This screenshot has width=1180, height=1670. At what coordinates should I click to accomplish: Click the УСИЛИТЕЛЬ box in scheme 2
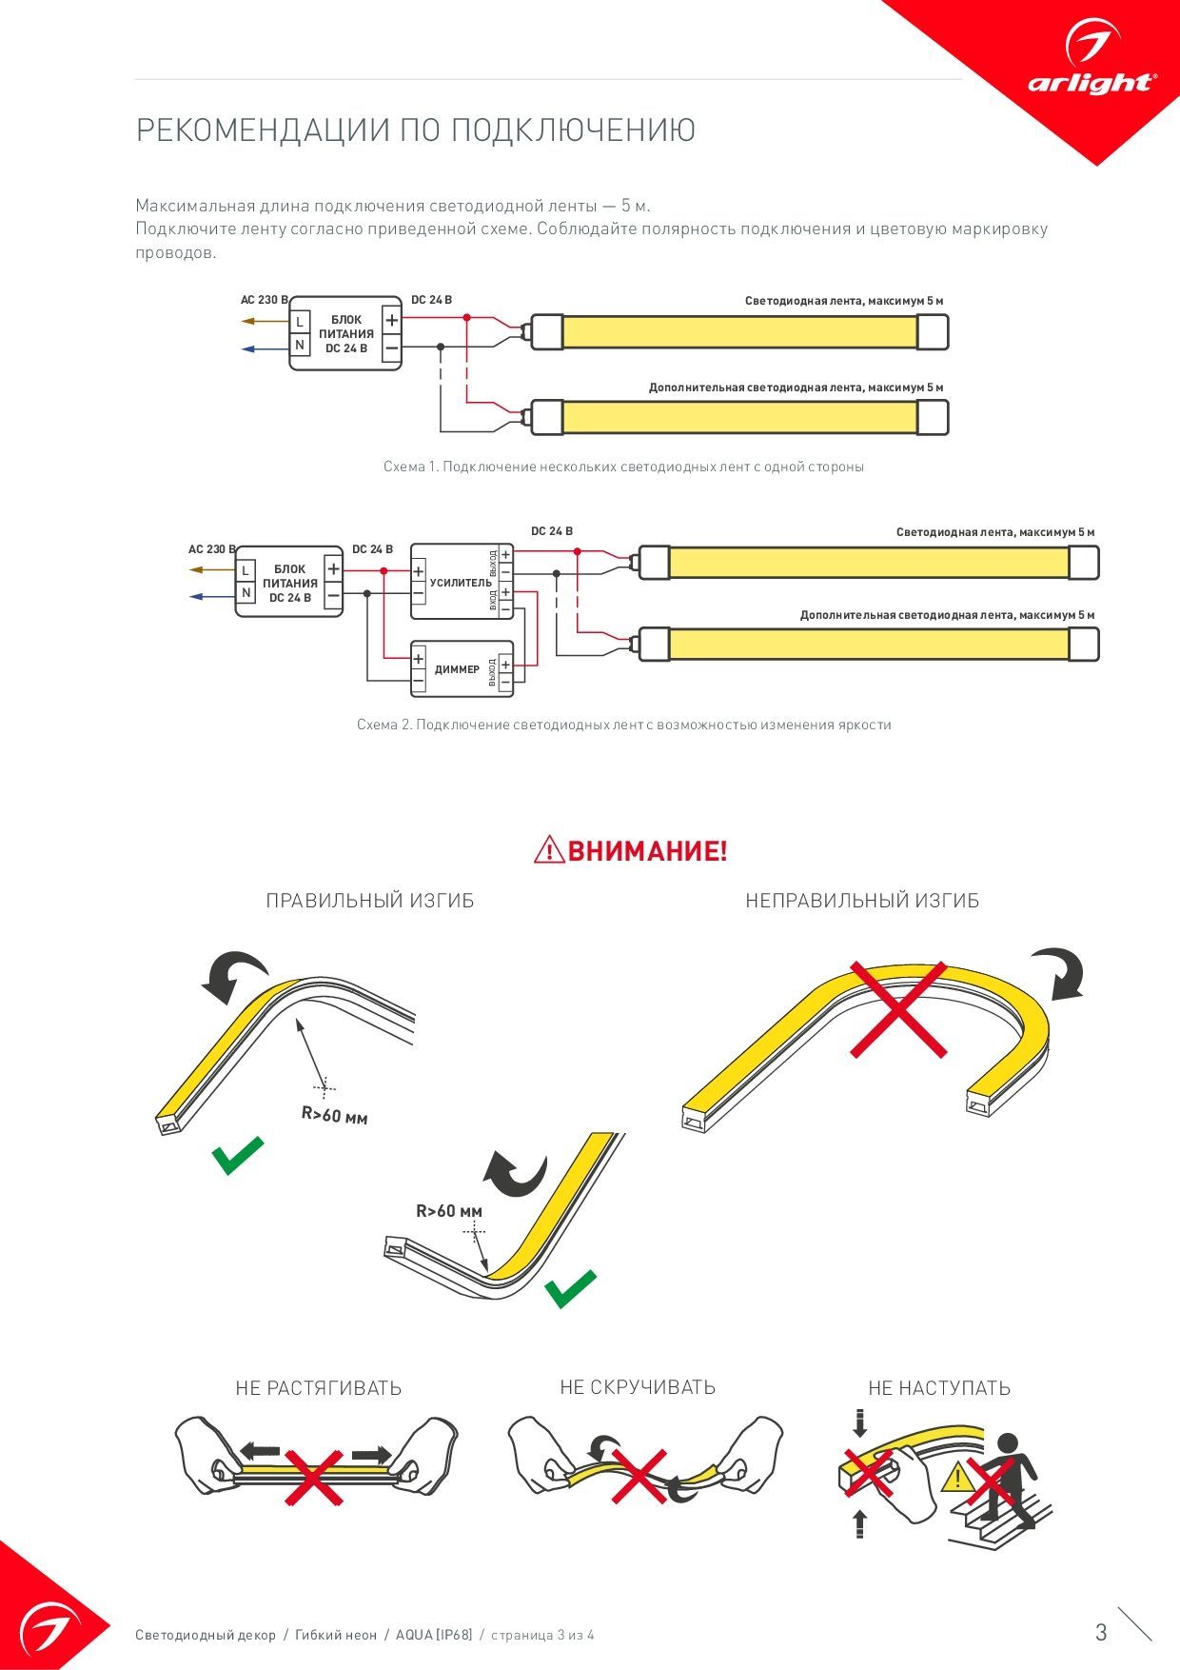pos(462,582)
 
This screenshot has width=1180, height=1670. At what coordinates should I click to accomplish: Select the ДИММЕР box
pos(462,669)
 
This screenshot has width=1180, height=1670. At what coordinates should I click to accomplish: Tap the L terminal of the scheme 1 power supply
pos(300,322)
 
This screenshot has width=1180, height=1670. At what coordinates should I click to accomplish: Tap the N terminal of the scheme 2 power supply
pos(246,592)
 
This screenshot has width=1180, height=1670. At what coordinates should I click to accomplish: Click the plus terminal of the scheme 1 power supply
pos(391,320)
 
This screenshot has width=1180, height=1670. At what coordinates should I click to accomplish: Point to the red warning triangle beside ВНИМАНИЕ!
pos(549,849)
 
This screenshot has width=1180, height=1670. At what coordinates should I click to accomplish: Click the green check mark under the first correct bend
pos(237,1155)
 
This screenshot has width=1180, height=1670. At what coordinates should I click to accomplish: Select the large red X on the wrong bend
pos(897,1009)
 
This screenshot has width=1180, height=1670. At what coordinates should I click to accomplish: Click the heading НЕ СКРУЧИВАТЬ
pos(638,1387)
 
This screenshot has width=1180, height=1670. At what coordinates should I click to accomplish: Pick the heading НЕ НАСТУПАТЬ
pos(939,1388)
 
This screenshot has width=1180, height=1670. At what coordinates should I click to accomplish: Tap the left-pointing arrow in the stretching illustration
pos(259,1451)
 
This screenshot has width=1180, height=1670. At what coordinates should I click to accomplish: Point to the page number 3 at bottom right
pos(1101,1633)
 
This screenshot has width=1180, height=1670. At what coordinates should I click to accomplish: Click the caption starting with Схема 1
pos(623,467)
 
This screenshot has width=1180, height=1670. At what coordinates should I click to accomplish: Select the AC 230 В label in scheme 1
pos(264,300)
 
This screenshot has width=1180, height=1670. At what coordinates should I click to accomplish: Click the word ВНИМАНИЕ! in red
pos(648,850)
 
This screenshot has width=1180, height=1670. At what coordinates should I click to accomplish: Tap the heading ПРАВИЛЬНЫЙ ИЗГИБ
pos(370,901)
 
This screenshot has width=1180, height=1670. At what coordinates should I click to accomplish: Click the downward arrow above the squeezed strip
pos(860,1423)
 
